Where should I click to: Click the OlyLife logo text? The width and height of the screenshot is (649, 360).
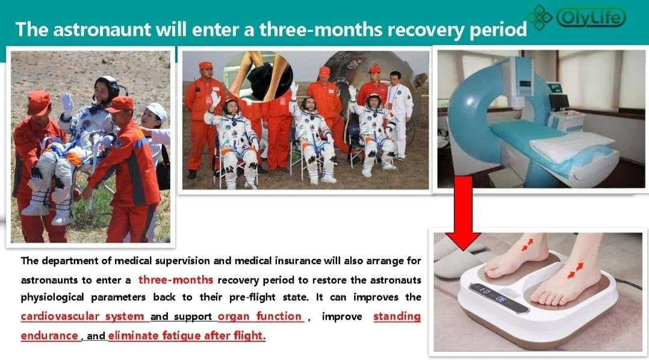tap(591, 17)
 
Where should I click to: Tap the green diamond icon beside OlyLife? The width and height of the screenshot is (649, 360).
tap(539, 17)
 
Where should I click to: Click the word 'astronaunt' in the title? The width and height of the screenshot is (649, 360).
tap(102, 29)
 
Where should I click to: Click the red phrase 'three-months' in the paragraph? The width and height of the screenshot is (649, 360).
tap(176, 280)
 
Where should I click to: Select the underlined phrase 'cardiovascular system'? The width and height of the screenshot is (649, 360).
tap(82, 317)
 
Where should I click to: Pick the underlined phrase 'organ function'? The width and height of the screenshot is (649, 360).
tap(259, 317)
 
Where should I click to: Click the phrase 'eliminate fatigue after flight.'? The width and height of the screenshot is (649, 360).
tap(187, 335)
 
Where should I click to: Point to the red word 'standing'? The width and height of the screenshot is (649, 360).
tap(397, 317)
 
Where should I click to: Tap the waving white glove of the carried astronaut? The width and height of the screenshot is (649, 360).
tap(67, 104)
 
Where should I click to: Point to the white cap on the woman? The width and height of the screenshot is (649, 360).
tap(154, 111)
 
